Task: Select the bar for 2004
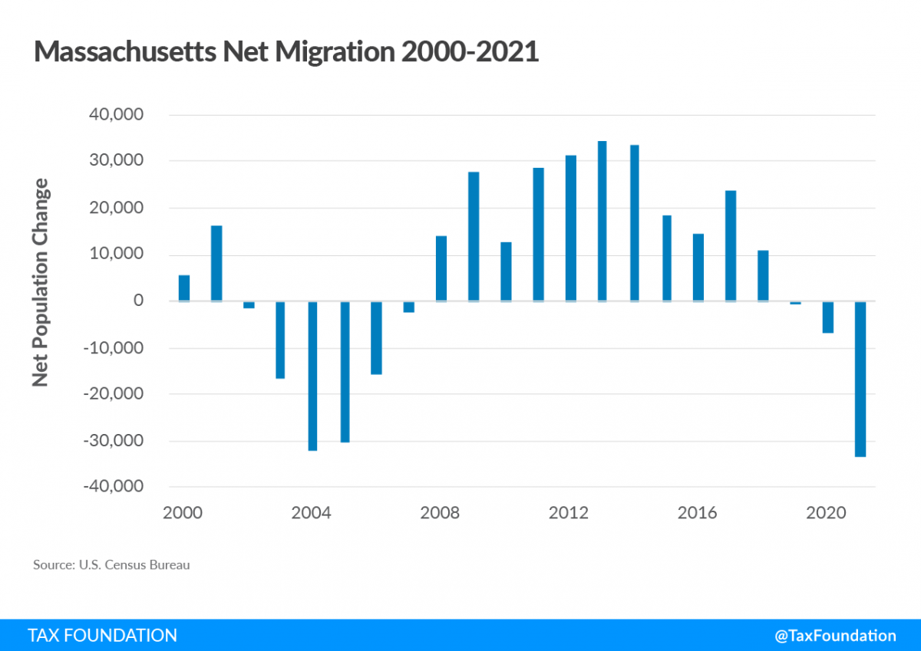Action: [x=312, y=376]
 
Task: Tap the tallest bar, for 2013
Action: [x=602, y=222]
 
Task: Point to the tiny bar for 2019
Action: [x=795, y=303]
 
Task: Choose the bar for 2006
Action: [x=376, y=337]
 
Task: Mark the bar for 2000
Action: [x=184, y=288]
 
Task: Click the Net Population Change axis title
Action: [x=41, y=282]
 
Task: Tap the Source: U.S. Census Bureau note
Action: [x=111, y=565]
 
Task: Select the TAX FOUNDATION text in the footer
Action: [x=102, y=636]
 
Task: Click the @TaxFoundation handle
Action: [x=835, y=636]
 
